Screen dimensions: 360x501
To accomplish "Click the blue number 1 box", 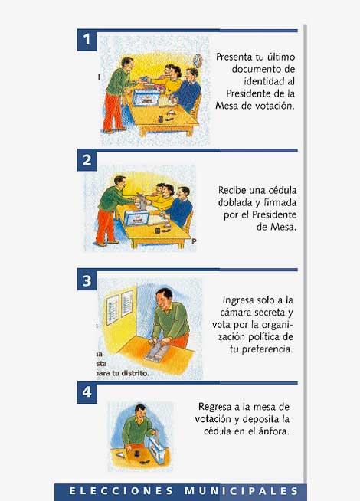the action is click(87, 40).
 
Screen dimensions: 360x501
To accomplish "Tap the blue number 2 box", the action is click(87, 160).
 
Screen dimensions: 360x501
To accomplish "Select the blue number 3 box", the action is click(87, 280).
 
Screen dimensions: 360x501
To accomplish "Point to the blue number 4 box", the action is click(87, 392).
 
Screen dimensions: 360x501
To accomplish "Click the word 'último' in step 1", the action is click(280, 57).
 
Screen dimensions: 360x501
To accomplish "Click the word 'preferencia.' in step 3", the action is click(267, 349).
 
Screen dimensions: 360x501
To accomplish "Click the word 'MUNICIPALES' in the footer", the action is click(241, 491).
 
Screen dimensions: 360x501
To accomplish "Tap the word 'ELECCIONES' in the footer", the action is click(121, 491).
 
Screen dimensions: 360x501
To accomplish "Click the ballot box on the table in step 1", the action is click(146, 97).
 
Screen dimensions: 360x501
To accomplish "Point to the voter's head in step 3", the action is click(165, 299).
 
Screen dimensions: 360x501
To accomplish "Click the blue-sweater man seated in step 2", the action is click(181, 206).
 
